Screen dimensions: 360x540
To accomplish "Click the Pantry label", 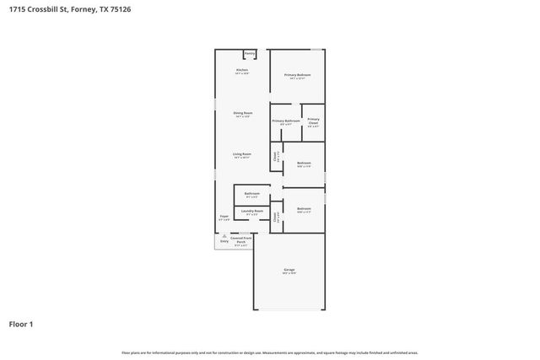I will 250,52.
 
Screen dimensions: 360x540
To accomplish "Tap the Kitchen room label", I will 242,69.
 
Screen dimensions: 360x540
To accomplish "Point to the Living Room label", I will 242,153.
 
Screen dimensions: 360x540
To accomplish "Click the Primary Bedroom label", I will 297,75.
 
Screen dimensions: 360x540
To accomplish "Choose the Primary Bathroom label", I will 286,121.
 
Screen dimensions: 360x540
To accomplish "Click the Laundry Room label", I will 252,211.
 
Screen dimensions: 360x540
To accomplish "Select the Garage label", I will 289,270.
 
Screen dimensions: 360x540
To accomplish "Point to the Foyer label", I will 224,217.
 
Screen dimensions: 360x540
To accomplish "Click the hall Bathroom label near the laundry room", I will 252,193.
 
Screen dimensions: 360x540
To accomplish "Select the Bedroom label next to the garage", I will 304,208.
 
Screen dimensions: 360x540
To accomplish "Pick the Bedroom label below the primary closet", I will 304,163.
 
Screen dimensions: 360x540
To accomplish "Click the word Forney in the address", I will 85,9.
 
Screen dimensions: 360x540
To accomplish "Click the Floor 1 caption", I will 21,324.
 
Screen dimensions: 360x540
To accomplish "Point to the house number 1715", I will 16,9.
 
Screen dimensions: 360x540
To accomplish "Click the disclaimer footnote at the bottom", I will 270,352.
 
